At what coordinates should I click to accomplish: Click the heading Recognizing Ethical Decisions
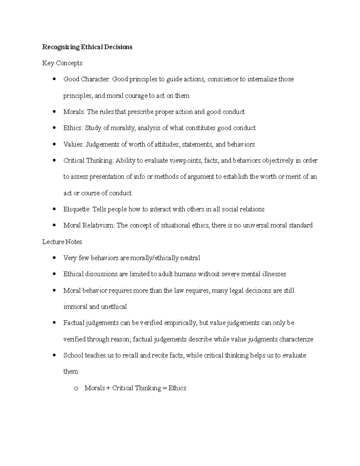[x=87, y=47]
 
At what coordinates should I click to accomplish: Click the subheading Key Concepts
[x=62, y=63]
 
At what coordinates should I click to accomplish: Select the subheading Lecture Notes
[x=62, y=242]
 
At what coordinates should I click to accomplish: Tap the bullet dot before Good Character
[x=54, y=79]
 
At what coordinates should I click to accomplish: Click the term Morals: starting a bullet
[x=74, y=112]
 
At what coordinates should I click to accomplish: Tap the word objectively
[x=278, y=161]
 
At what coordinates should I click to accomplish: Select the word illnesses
[x=274, y=274]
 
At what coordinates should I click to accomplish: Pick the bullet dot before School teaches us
[x=54, y=356]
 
